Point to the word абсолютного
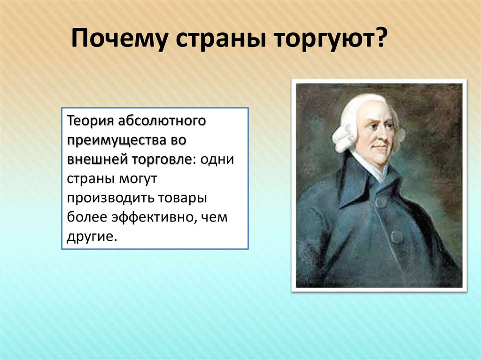[161, 120]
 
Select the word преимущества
[118, 140]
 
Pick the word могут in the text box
[135, 179]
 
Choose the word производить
[109, 198]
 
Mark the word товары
[182, 198]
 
